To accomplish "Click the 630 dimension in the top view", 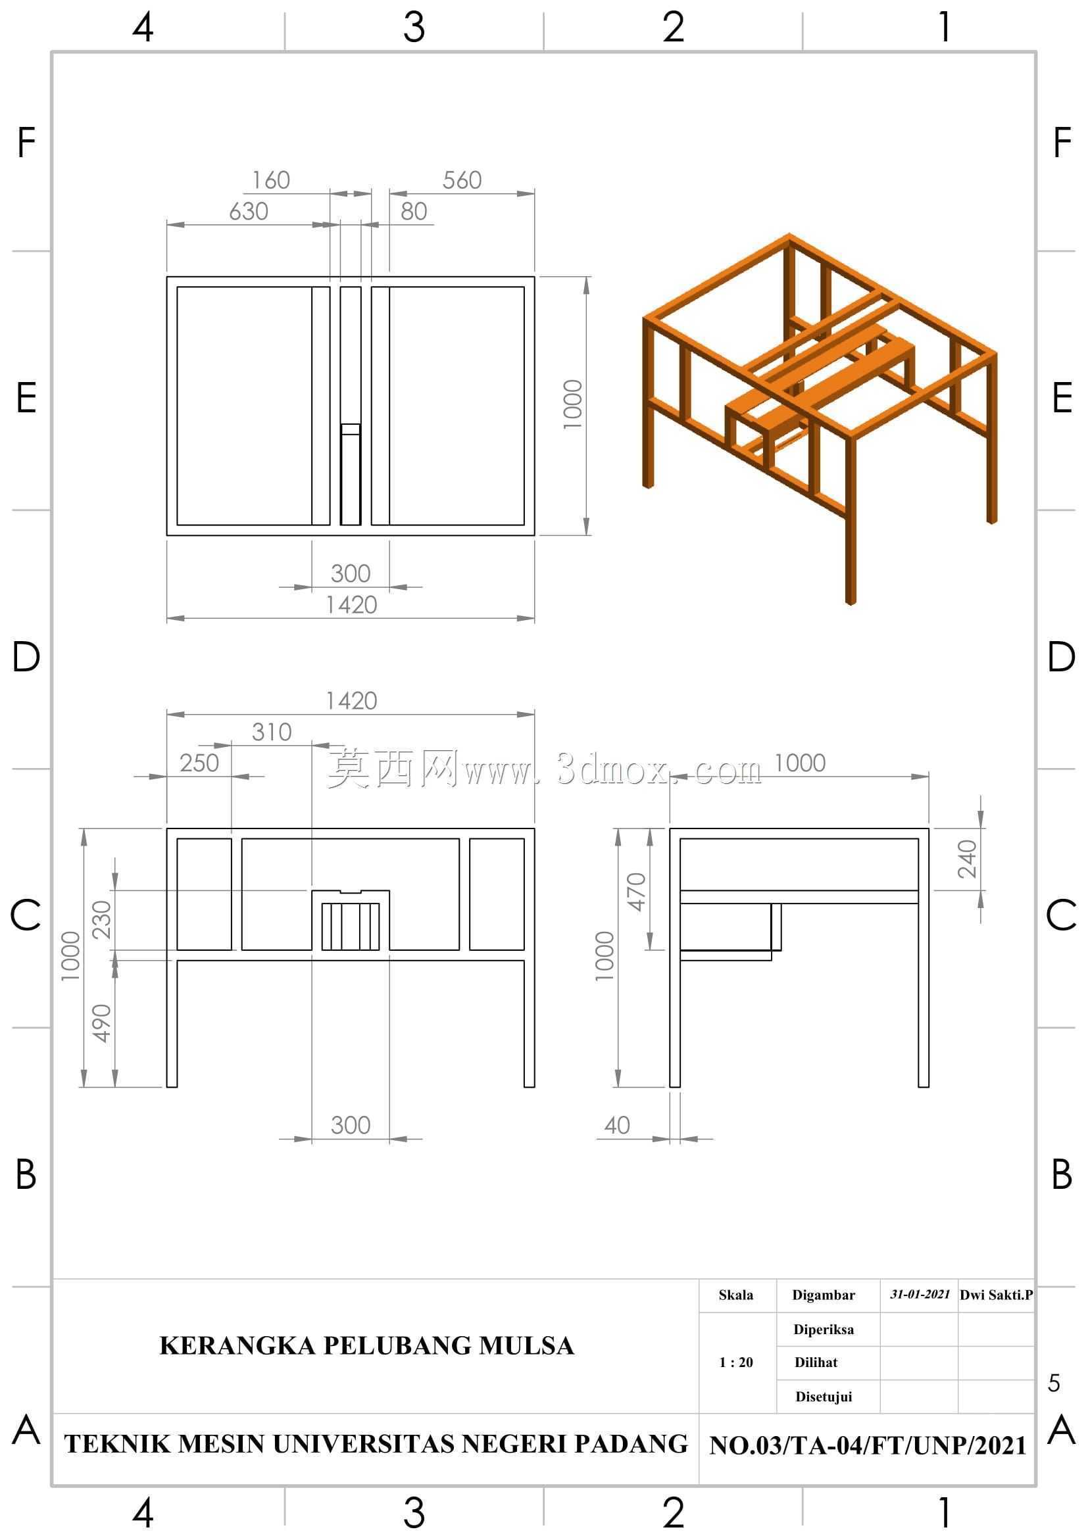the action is point(249,211).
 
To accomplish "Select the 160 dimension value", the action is point(270,180).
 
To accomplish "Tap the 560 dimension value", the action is point(462,180).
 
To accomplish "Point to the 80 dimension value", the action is point(414,211).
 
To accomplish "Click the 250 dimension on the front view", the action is point(199,762).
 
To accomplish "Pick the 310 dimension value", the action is point(271,731).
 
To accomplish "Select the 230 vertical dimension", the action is point(101,920).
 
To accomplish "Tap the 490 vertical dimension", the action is point(101,1023).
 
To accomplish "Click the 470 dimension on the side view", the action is point(636,892).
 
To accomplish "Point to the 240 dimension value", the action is point(967,859).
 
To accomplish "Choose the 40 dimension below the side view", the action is point(617,1124).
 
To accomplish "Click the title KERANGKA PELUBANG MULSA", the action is point(366,1346).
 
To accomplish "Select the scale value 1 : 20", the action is point(735,1362).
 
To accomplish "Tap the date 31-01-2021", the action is point(920,1293).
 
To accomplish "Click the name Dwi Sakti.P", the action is point(996,1294).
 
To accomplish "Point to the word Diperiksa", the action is point(824,1329).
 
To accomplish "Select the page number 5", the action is point(1054,1383).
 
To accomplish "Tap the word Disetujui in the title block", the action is point(824,1397).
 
